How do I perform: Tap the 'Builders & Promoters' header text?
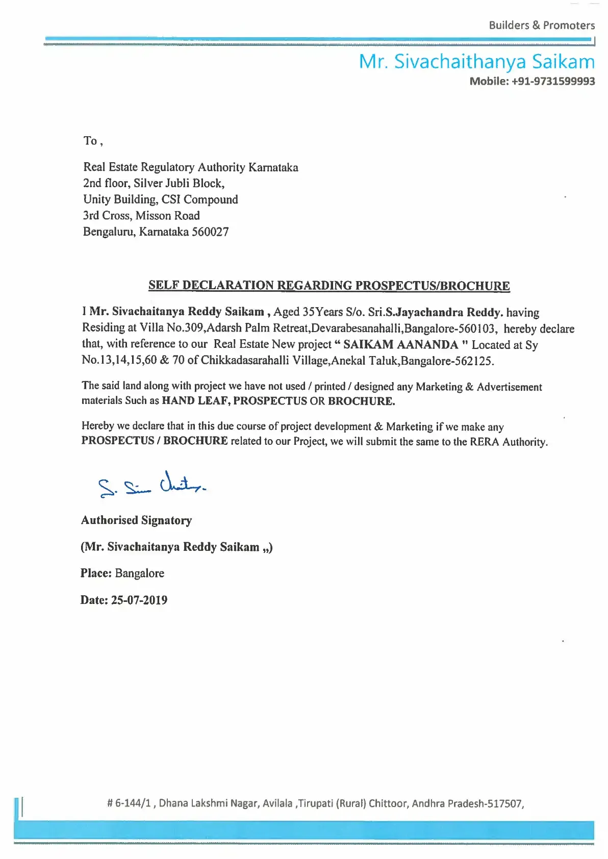[x=542, y=25]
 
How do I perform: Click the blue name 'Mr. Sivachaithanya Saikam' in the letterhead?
[x=477, y=62]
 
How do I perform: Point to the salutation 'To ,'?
[x=93, y=141]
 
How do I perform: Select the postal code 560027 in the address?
[x=210, y=232]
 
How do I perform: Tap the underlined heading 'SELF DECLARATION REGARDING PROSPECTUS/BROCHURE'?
[x=329, y=285]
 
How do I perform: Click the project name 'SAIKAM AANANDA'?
[x=400, y=345]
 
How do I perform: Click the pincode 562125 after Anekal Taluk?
[x=474, y=361]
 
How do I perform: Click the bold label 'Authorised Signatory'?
[x=137, y=520]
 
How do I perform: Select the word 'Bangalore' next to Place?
[x=140, y=573]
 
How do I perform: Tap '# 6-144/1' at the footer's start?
[x=129, y=803]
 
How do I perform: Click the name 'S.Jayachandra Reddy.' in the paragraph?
[x=445, y=312]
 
